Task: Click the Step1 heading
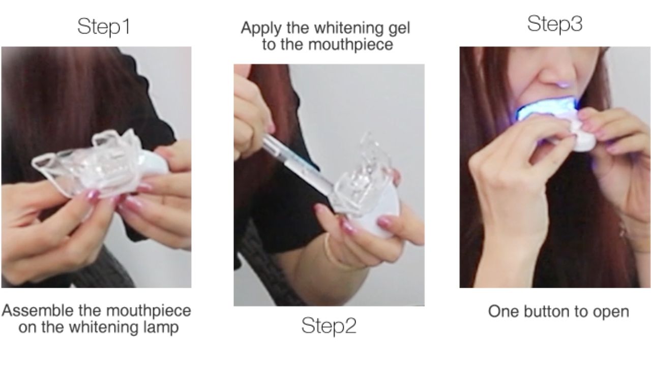coord(104,26)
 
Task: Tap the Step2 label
coord(329,326)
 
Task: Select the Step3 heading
coord(554,24)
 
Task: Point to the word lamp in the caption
coord(161,327)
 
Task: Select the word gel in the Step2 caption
coord(398,28)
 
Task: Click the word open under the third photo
coord(611,312)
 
